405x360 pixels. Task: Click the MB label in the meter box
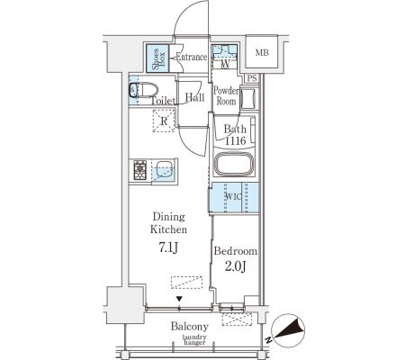(262, 53)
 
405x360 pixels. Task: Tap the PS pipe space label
(252, 78)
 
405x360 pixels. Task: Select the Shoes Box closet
(157, 58)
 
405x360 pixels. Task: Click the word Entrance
(192, 57)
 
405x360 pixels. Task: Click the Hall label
(194, 97)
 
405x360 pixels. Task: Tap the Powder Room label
(226, 96)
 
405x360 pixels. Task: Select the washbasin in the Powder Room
(248, 99)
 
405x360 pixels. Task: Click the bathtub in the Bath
(234, 165)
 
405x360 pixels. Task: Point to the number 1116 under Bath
(235, 140)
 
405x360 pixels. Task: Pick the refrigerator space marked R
(164, 121)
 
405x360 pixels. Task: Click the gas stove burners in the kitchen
(139, 170)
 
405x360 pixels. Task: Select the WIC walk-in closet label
(233, 197)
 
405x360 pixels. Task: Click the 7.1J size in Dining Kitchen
(168, 247)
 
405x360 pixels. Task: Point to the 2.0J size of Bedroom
(236, 265)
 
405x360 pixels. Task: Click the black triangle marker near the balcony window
(179, 299)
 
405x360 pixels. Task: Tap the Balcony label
(190, 326)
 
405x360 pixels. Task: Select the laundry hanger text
(194, 339)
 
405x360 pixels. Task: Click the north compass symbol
(286, 330)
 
